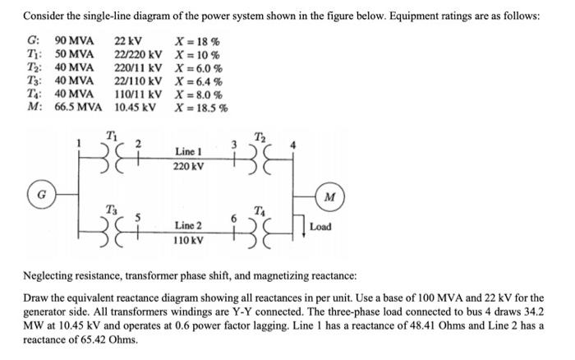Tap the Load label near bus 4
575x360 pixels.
(x=321, y=226)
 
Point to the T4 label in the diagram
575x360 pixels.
(x=260, y=208)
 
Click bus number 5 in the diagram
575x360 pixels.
(x=136, y=218)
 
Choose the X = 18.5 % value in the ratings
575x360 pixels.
(x=202, y=108)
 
